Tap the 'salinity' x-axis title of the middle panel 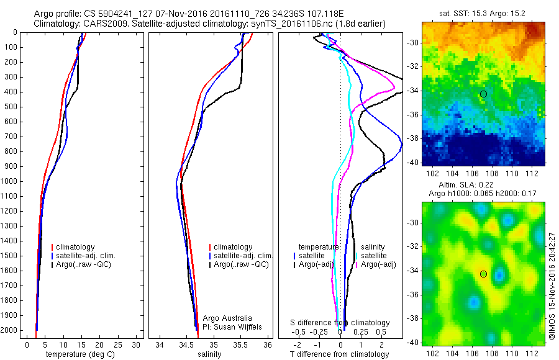coord(209,354)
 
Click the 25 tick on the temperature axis coord(118,344)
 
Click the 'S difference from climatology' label coord(340,323)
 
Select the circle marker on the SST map coord(483,94)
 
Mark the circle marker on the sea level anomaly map coord(483,274)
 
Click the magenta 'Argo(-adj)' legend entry coord(379,264)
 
